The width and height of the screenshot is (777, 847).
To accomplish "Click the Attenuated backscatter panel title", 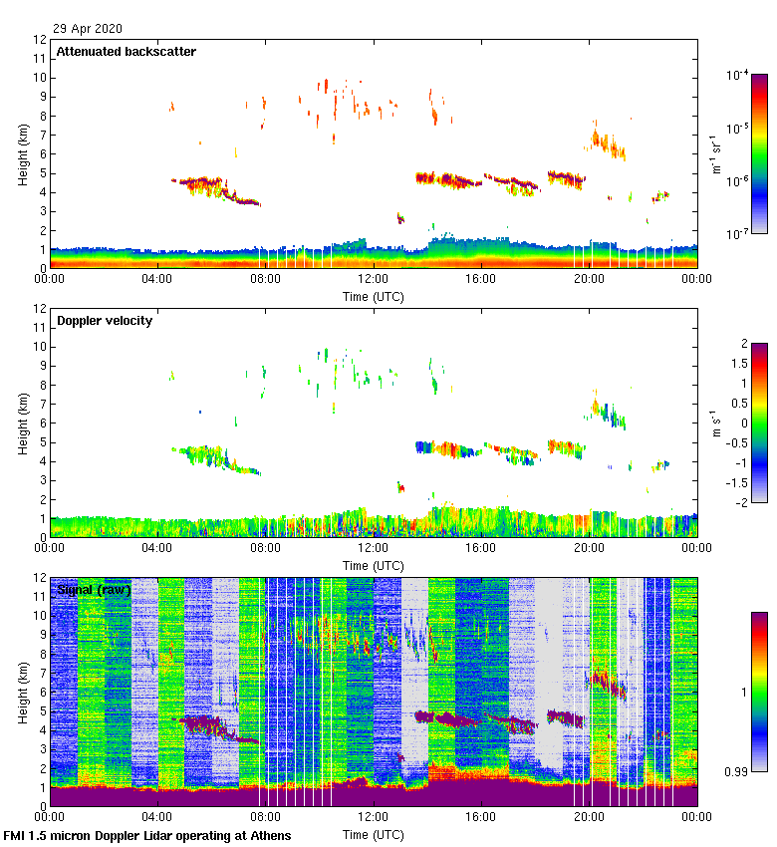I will click(126, 51).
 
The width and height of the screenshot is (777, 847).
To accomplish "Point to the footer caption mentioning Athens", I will click(147, 835).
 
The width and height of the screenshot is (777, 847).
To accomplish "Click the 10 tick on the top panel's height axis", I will click(39, 78).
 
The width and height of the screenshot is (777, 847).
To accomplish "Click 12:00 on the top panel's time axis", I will click(374, 278).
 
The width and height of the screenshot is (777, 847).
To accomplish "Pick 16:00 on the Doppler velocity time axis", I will click(481, 547).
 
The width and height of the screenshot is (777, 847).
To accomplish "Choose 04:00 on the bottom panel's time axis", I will click(157, 816).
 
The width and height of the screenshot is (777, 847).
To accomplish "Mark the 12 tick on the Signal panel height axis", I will click(39, 578).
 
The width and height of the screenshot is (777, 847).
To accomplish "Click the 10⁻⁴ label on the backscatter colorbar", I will click(738, 76).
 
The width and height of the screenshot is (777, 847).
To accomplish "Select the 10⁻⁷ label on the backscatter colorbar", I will click(738, 235).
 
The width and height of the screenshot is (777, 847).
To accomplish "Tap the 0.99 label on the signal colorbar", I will click(738, 771).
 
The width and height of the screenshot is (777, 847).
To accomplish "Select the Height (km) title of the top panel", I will click(22, 155).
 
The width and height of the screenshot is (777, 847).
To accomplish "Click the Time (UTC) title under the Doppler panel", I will click(374, 565).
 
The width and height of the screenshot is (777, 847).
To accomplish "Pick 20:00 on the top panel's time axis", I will click(589, 278).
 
